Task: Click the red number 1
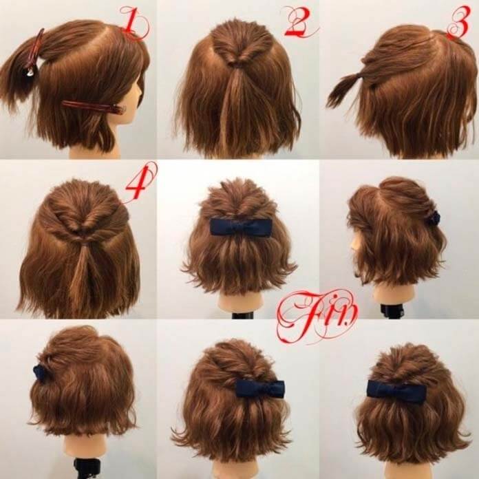(134, 23)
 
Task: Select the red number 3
(459, 21)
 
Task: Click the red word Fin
(316, 315)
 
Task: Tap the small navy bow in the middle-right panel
(434, 218)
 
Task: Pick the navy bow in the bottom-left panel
(39, 372)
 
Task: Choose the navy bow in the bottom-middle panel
(260, 388)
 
